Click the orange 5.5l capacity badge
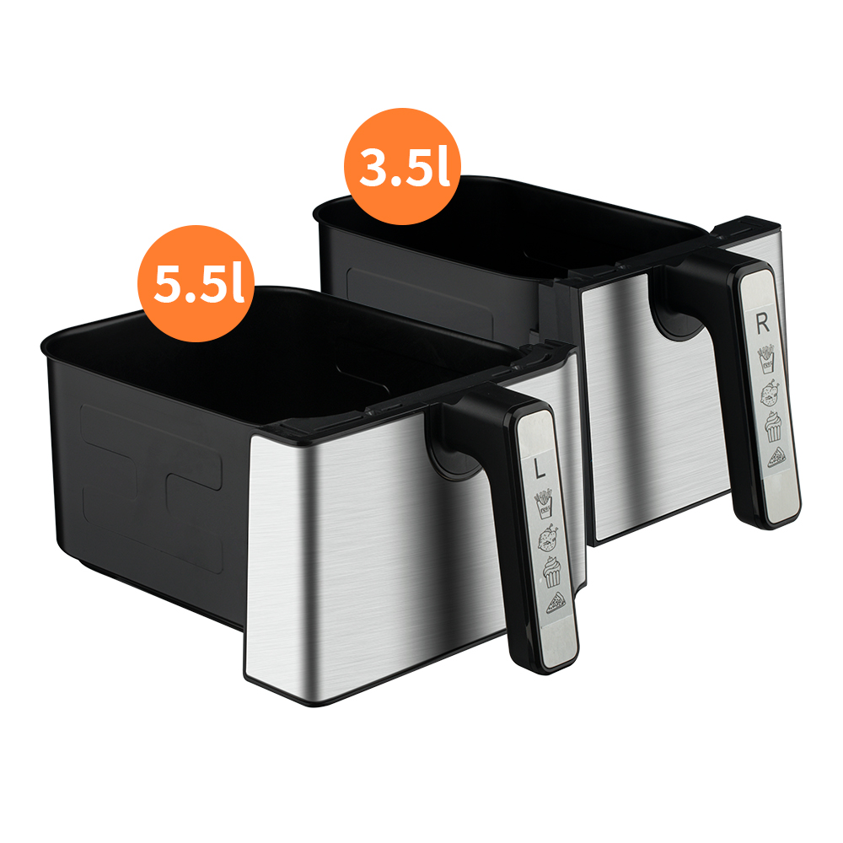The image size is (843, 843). [x=196, y=283]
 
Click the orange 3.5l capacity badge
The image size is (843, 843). [x=402, y=167]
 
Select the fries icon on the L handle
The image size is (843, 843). [x=543, y=504]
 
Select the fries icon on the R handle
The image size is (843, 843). [x=766, y=359]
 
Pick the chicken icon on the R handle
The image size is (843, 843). [x=770, y=394]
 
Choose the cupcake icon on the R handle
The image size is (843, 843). [x=772, y=427]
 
